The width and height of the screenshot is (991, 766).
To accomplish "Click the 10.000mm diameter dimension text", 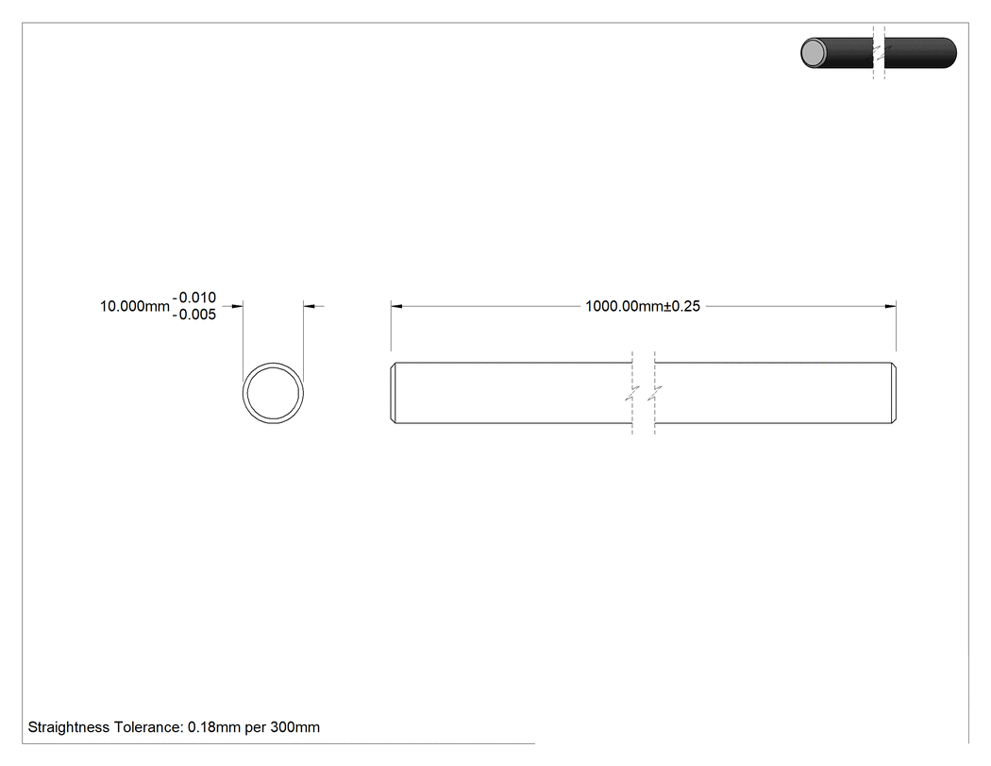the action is coord(135,306).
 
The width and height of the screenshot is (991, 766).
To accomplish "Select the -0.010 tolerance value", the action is coord(194,298).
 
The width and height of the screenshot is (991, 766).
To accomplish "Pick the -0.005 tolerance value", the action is coord(194,315).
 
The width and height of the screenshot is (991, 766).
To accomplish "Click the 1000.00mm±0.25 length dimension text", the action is coord(643,306).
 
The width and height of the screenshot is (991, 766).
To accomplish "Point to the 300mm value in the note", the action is coord(295,727).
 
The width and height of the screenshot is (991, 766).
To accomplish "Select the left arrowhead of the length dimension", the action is coord(397,306).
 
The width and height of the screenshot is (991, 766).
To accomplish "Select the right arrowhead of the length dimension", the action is coord(890,306).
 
